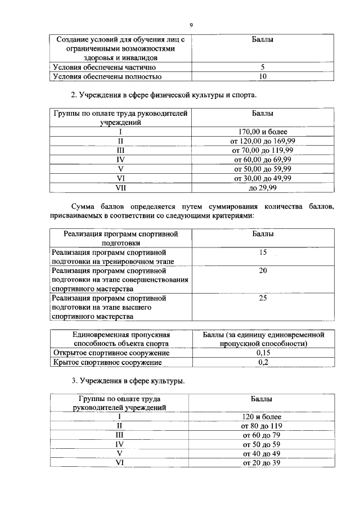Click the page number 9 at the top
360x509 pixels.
[x=191, y=25]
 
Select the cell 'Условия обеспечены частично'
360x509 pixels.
[x=100, y=67]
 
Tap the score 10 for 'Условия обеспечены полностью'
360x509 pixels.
[x=262, y=76]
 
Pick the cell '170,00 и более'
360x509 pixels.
[x=262, y=132]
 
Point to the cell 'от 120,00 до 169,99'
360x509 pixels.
[x=262, y=141]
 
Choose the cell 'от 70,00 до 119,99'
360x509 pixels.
[x=262, y=150]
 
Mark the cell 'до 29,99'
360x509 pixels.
[x=262, y=188]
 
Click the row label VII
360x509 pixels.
[x=121, y=188]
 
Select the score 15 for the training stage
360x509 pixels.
[x=262, y=253]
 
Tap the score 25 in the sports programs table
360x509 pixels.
[x=262, y=298]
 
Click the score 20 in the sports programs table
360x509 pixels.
[x=262, y=271]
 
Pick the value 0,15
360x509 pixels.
[x=262, y=353]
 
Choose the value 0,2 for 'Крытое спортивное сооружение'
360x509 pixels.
[x=262, y=362]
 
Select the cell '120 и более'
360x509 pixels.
[x=262, y=417]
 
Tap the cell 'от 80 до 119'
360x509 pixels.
[x=262, y=426]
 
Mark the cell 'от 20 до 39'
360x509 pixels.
[x=262, y=462]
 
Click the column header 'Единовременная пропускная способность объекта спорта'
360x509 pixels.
[x=121, y=339]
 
